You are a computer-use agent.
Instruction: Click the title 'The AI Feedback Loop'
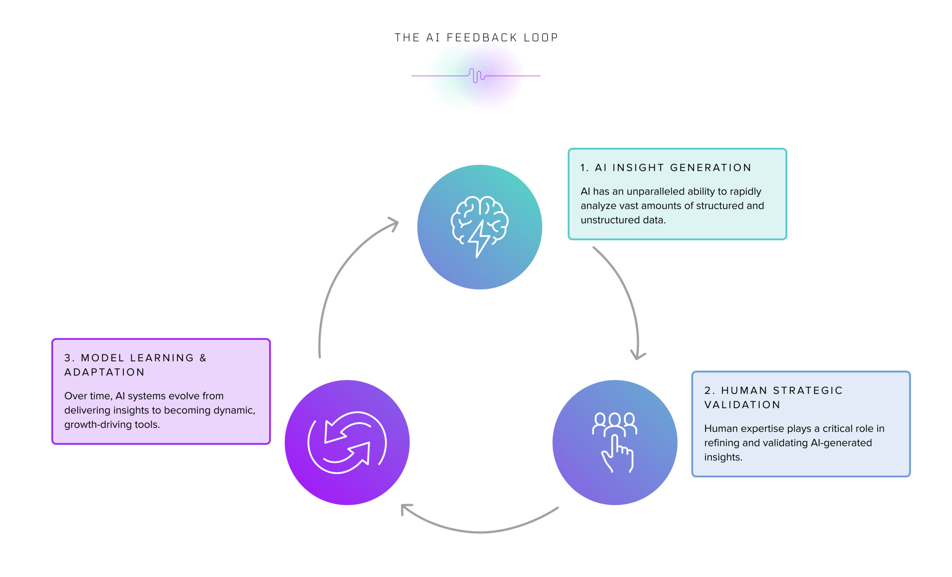pyautogui.click(x=476, y=38)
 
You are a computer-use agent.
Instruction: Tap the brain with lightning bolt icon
pyautogui.click(x=479, y=227)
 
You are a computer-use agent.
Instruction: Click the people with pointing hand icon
pyautogui.click(x=614, y=442)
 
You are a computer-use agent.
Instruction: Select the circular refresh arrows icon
pyautogui.click(x=347, y=442)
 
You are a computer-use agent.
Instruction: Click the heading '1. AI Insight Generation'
pyautogui.click(x=666, y=167)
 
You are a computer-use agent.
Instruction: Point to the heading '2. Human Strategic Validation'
pyautogui.click(x=773, y=397)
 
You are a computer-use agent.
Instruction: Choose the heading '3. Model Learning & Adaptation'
pyautogui.click(x=135, y=365)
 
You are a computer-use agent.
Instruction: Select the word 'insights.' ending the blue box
pyautogui.click(x=723, y=457)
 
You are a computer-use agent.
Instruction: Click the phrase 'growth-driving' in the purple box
pyautogui.click(x=98, y=424)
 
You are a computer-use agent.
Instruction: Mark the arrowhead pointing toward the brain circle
pyautogui.click(x=394, y=222)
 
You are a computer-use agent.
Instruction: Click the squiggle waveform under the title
pyautogui.click(x=476, y=76)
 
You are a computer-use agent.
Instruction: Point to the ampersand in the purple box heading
pyautogui.click(x=203, y=358)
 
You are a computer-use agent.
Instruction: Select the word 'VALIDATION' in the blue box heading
pyautogui.click(x=742, y=405)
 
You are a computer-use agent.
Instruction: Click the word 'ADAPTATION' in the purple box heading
pyautogui.click(x=104, y=372)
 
